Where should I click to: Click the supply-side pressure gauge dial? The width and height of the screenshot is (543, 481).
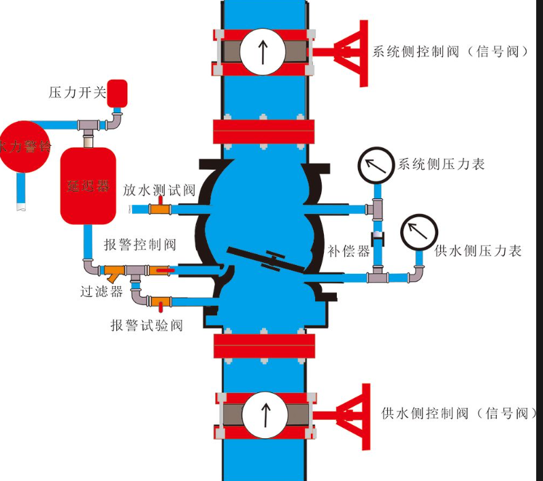coord(418,233)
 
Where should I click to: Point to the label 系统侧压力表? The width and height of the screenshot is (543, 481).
coord(442,164)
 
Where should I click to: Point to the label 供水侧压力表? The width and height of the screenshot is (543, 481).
coord(478,251)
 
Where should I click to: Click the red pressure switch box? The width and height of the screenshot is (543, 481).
coord(118,93)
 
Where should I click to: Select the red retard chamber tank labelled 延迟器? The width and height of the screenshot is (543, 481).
coord(88,186)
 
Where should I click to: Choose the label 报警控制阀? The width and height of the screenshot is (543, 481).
coord(140,245)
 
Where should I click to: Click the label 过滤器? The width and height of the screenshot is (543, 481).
coord(101,292)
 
